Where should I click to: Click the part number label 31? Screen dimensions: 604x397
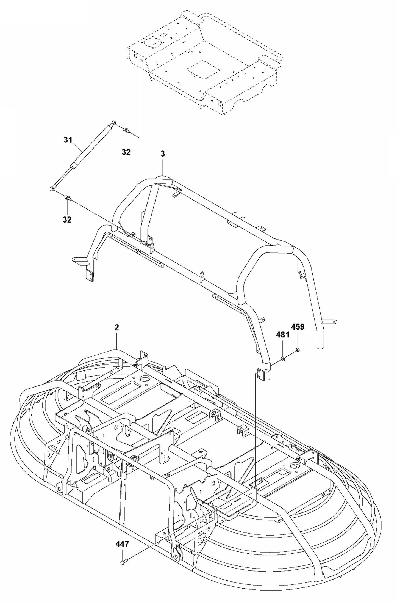68,140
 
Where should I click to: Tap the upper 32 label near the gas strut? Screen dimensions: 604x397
126,152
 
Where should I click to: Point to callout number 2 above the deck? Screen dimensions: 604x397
117,328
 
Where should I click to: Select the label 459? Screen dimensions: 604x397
298,327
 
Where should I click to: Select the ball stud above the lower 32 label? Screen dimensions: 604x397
67,197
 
